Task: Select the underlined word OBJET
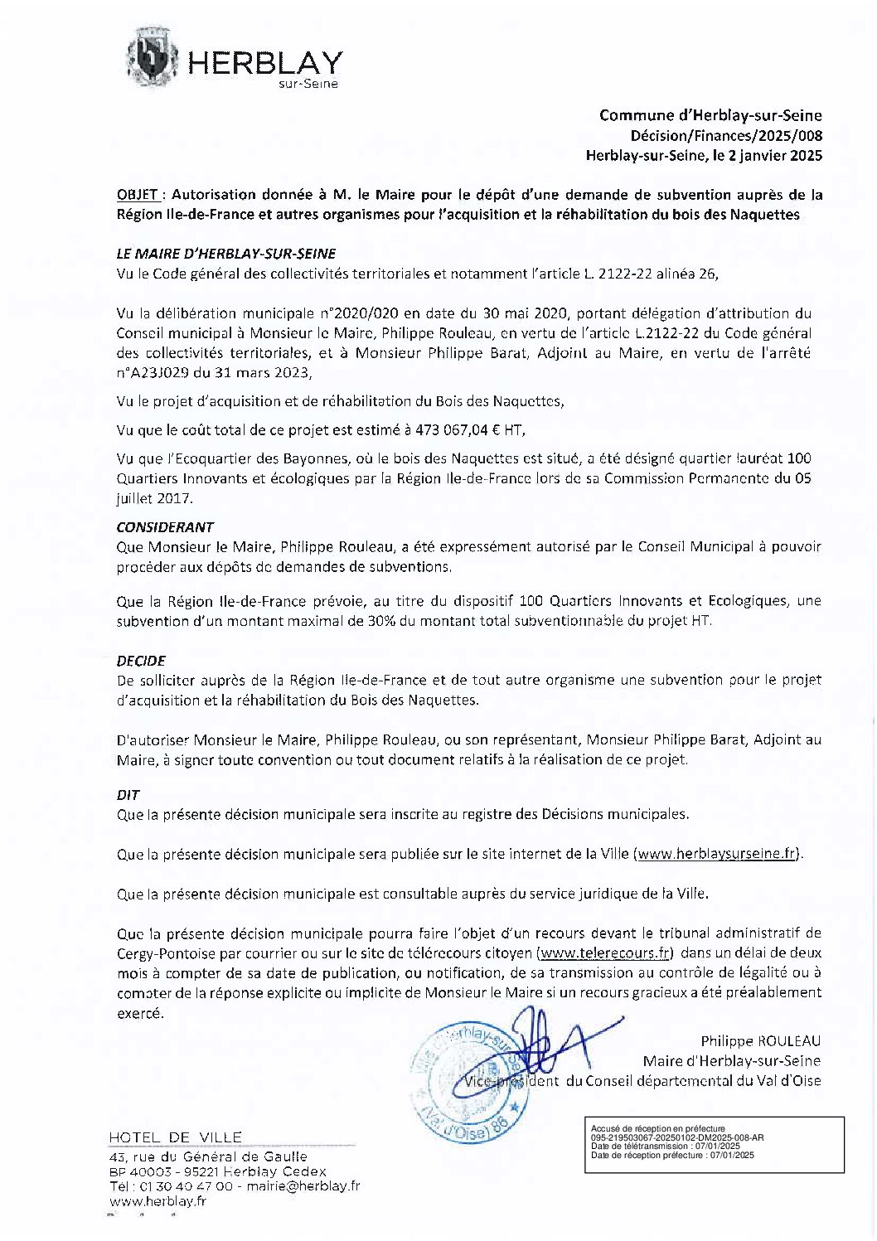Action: tap(138, 196)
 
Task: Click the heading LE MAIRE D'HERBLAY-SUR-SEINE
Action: tap(225, 254)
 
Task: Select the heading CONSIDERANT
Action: tap(165, 527)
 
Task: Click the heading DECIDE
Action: tap(141, 661)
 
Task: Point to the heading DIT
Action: tap(128, 794)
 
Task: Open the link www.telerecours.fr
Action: tap(606, 953)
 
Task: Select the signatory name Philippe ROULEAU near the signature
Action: tap(760, 1040)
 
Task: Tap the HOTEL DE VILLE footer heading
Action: tap(175, 1137)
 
